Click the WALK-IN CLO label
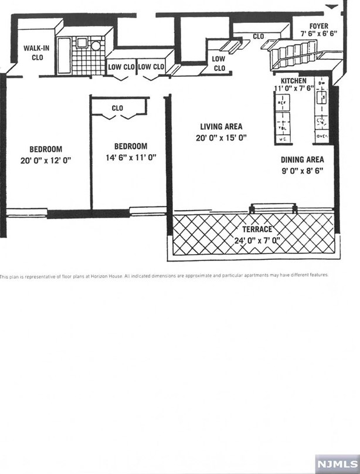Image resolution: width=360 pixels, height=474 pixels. coord(35,53)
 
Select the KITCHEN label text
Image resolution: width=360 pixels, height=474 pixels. coord(293,80)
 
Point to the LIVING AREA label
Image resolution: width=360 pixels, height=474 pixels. coord(220,126)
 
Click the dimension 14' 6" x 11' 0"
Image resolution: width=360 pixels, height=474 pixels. coord(130,157)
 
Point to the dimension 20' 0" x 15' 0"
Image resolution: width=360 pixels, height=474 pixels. coord(220,138)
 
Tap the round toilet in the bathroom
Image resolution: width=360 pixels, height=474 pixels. coord(96,45)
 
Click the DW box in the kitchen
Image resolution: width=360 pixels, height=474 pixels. coord(321,83)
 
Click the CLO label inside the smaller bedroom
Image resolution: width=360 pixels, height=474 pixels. coord(117,108)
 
